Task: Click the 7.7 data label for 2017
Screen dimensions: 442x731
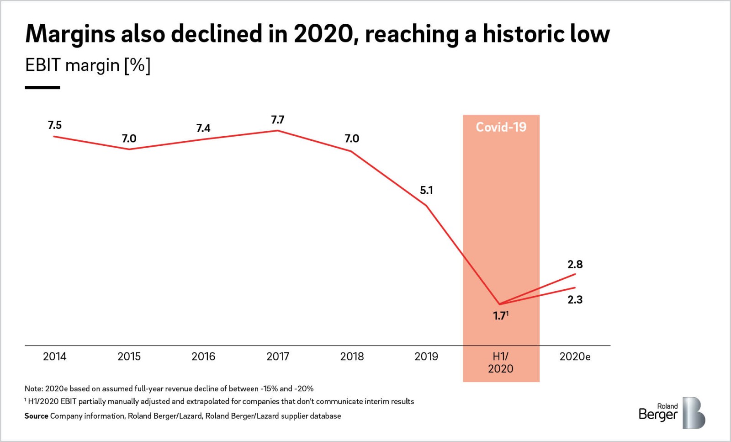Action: pyautogui.click(x=277, y=120)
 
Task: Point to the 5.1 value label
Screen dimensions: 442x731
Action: pyautogui.click(x=426, y=190)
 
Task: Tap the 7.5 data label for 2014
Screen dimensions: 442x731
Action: pyautogui.click(x=54, y=125)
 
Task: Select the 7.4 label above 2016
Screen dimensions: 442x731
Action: pyautogui.click(x=203, y=128)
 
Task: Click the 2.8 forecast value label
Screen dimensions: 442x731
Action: pyautogui.click(x=575, y=264)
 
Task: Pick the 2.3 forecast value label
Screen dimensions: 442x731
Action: pyautogui.click(x=575, y=300)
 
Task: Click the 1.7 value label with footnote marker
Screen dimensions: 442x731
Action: pyautogui.click(x=500, y=315)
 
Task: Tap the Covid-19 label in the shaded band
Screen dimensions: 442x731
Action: pyautogui.click(x=501, y=127)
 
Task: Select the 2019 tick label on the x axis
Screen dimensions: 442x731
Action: pyautogui.click(x=426, y=357)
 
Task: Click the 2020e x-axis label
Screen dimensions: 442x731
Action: pyautogui.click(x=575, y=357)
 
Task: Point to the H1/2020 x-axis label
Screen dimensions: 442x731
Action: pyautogui.click(x=500, y=362)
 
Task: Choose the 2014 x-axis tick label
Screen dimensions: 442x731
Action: pyautogui.click(x=54, y=357)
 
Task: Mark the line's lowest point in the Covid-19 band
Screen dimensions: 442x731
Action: pyautogui.click(x=500, y=304)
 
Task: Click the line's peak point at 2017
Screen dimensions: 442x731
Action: pyautogui.click(x=277, y=131)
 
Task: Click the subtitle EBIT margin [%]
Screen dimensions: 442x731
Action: pyautogui.click(x=88, y=65)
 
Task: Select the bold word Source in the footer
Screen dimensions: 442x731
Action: pyautogui.click(x=36, y=416)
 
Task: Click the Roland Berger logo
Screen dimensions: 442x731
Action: pyautogui.click(x=671, y=413)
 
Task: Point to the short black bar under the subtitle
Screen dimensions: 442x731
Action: pyautogui.click(x=42, y=87)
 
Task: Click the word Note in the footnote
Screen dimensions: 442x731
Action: pyautogui.click(x=33, y=389)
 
